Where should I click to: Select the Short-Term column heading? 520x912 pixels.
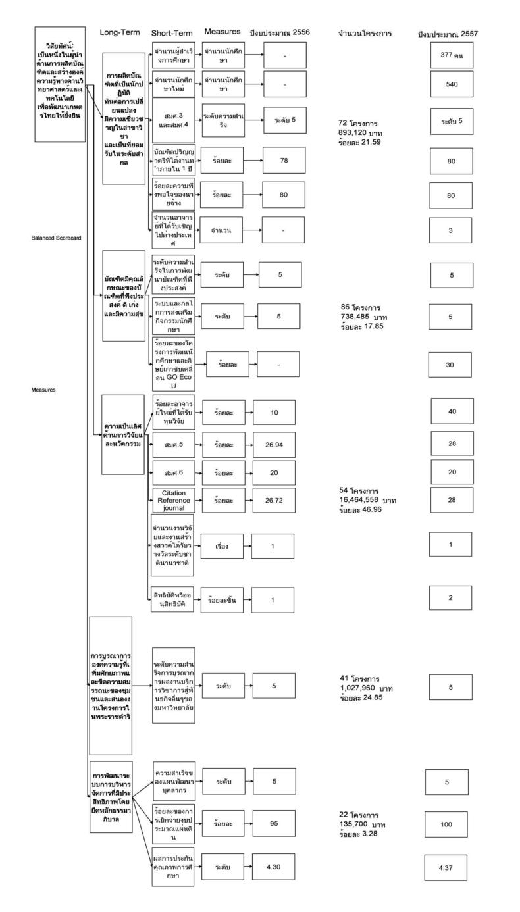pos(170,32)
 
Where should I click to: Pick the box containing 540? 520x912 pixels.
pos(452,84)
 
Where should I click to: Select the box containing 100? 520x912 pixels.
pos(446,824)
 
